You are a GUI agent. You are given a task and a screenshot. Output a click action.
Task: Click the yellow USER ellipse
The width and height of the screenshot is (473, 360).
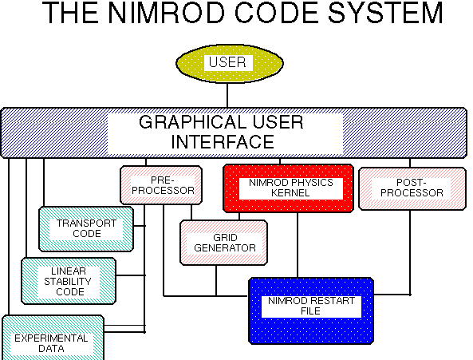(230, 63)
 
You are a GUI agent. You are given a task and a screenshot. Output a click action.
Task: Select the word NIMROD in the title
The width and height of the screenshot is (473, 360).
(167, 13)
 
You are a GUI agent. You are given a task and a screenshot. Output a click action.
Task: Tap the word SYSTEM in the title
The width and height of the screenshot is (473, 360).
(385, 13)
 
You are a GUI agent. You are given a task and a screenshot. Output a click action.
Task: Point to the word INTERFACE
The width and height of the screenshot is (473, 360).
(223, 142)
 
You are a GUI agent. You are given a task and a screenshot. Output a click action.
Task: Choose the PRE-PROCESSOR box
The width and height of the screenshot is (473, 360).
(161, 185)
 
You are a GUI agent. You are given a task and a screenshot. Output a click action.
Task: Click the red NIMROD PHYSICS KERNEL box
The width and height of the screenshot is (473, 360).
(289, 188)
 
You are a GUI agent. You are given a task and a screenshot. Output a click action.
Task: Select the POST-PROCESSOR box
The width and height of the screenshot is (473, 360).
(412, 188)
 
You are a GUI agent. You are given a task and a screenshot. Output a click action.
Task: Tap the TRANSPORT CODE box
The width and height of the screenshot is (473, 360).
(86, 229)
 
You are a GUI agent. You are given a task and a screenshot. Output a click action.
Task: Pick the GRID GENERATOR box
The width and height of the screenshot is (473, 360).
(223, 243)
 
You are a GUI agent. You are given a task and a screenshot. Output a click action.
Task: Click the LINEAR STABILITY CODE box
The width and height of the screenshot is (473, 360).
(69, 281)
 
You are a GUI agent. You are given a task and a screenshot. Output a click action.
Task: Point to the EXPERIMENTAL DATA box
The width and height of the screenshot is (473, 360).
(53, 338)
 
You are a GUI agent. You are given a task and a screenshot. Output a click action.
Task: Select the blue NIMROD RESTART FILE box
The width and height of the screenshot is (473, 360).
(311, 311)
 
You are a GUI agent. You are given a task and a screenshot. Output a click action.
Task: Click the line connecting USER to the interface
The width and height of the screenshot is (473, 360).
(227, 95)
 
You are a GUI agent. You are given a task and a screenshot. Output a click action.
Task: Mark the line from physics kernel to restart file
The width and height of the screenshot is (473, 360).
(298, 245)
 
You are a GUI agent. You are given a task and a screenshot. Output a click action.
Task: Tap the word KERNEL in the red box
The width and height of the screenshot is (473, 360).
(290, 193)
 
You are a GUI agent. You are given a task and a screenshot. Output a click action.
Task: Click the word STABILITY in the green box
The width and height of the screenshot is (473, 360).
(68, 282)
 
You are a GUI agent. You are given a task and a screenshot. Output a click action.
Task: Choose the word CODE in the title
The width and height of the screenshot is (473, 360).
(276, 13)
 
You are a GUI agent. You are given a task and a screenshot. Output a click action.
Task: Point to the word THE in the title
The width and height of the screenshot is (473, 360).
(70, 13)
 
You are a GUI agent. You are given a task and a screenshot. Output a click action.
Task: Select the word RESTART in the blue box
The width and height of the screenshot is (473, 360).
(333, 301)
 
